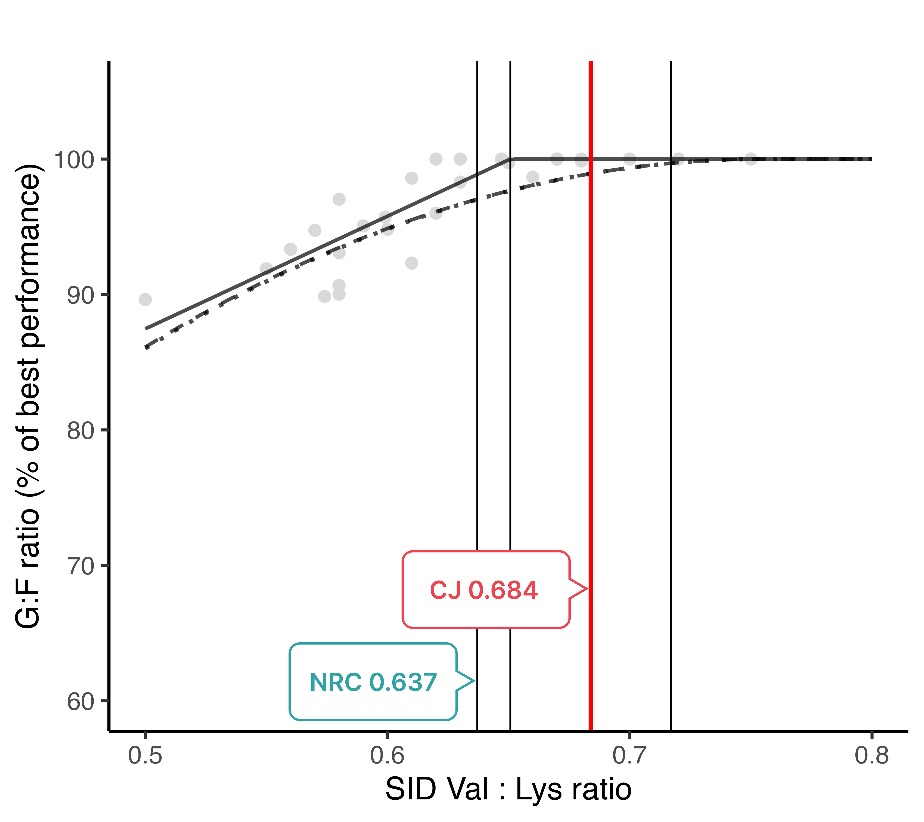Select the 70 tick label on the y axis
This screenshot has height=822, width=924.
click(x=81, y=566)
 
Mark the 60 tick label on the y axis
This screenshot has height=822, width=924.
click(x=81, y=702)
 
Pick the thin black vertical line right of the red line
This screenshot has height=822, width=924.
click(x=671, y=362)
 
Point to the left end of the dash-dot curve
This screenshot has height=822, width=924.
click(x=146, y=347)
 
